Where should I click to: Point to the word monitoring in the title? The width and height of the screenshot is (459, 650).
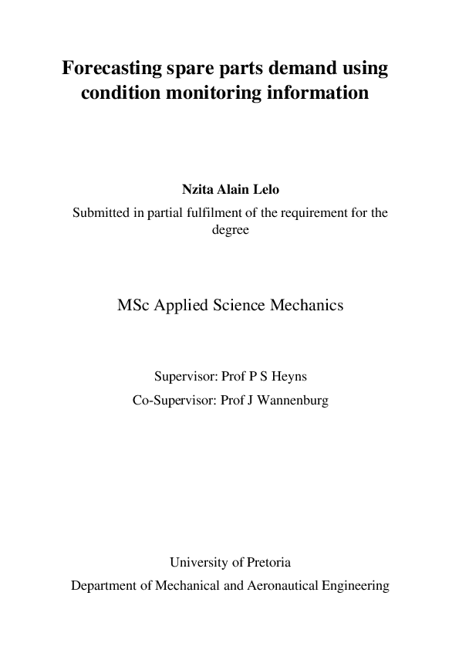click(x=213, y=94)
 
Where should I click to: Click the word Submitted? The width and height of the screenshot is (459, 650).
click(x=101, y=214)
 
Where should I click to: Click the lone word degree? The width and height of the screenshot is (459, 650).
click(x=230, y=229)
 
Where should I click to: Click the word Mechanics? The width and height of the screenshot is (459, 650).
click(x=306, y=305)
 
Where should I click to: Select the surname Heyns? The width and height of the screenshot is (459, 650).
click(x=288, y=377)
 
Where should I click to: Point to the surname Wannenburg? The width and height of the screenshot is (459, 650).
click(x=292, y=401)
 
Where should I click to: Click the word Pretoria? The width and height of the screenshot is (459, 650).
click(x=265, y=562)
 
